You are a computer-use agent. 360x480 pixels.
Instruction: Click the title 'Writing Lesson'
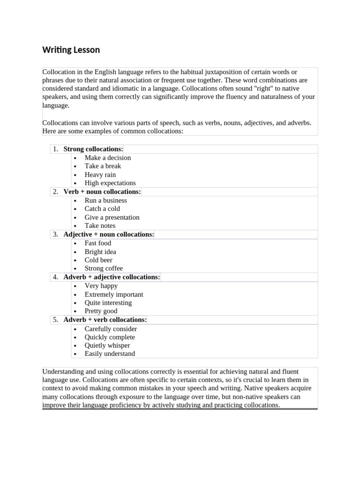71,50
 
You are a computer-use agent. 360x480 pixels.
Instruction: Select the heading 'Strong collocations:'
93,149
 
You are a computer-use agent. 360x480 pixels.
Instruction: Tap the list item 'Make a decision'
108,157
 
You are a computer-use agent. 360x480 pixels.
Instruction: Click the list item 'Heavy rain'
100,174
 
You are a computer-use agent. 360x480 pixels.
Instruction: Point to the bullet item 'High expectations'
110,183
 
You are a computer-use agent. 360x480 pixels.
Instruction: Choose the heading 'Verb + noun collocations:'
102,192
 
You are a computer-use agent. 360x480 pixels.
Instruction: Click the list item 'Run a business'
105,200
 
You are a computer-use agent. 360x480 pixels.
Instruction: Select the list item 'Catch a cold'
102,209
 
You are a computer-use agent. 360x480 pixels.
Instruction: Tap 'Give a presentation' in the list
112,217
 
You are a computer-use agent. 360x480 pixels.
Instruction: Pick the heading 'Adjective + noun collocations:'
109,234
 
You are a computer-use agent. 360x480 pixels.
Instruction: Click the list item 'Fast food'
98,243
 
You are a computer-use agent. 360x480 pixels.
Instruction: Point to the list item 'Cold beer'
98,260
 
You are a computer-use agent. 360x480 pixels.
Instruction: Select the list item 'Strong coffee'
104,268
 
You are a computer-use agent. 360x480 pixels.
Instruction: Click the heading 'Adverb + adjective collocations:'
112,277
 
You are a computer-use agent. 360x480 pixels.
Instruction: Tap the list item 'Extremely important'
114,294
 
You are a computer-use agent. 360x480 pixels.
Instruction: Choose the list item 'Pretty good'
101,311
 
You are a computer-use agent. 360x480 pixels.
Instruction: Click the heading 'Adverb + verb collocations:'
105,320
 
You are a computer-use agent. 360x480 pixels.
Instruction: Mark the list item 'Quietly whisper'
107,345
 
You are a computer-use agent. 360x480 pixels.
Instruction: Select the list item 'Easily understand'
110,353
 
